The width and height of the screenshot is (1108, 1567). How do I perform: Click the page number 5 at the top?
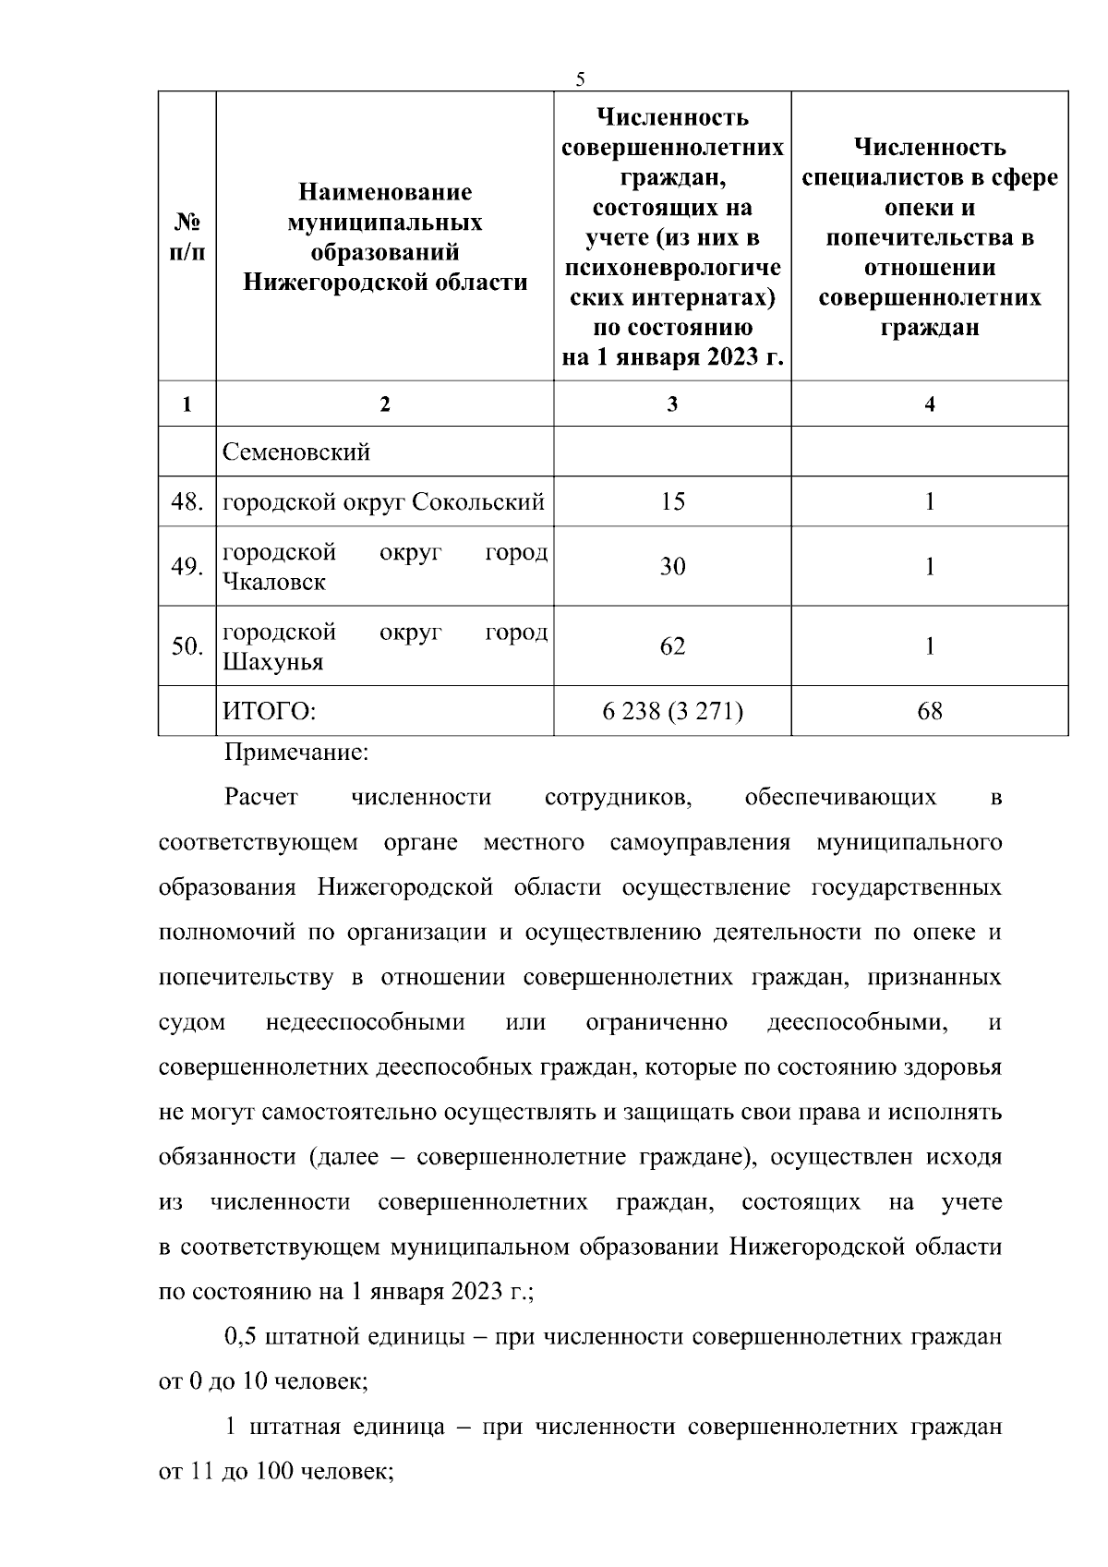click(580, 79)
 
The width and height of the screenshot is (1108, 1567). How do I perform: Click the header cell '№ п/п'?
click(188, 236)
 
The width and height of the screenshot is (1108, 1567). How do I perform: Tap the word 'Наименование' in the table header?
click(385, 192)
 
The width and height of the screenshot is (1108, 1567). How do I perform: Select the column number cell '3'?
click(672, 404)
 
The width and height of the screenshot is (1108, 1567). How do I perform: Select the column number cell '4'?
click(930, 404)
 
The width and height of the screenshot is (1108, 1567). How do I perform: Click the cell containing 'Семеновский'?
click(296, 452)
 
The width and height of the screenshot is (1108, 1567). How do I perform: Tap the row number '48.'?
click(187, 502)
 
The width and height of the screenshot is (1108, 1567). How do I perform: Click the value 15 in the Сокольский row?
click(672, 501)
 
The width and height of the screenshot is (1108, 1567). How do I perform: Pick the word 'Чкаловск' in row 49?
click(274, 583)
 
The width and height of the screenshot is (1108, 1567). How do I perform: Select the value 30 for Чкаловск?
click(672, 566)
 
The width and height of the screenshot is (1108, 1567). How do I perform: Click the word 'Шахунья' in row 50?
click(273, 662)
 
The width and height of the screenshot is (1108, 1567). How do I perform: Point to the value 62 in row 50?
click(672, 645)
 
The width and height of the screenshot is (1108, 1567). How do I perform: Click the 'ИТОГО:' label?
click(269, 711)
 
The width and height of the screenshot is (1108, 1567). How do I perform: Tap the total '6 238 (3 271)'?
click(672, 711)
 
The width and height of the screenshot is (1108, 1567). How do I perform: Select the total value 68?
click(930, 711)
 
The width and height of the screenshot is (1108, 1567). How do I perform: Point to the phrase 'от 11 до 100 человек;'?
click(277, 1472)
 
